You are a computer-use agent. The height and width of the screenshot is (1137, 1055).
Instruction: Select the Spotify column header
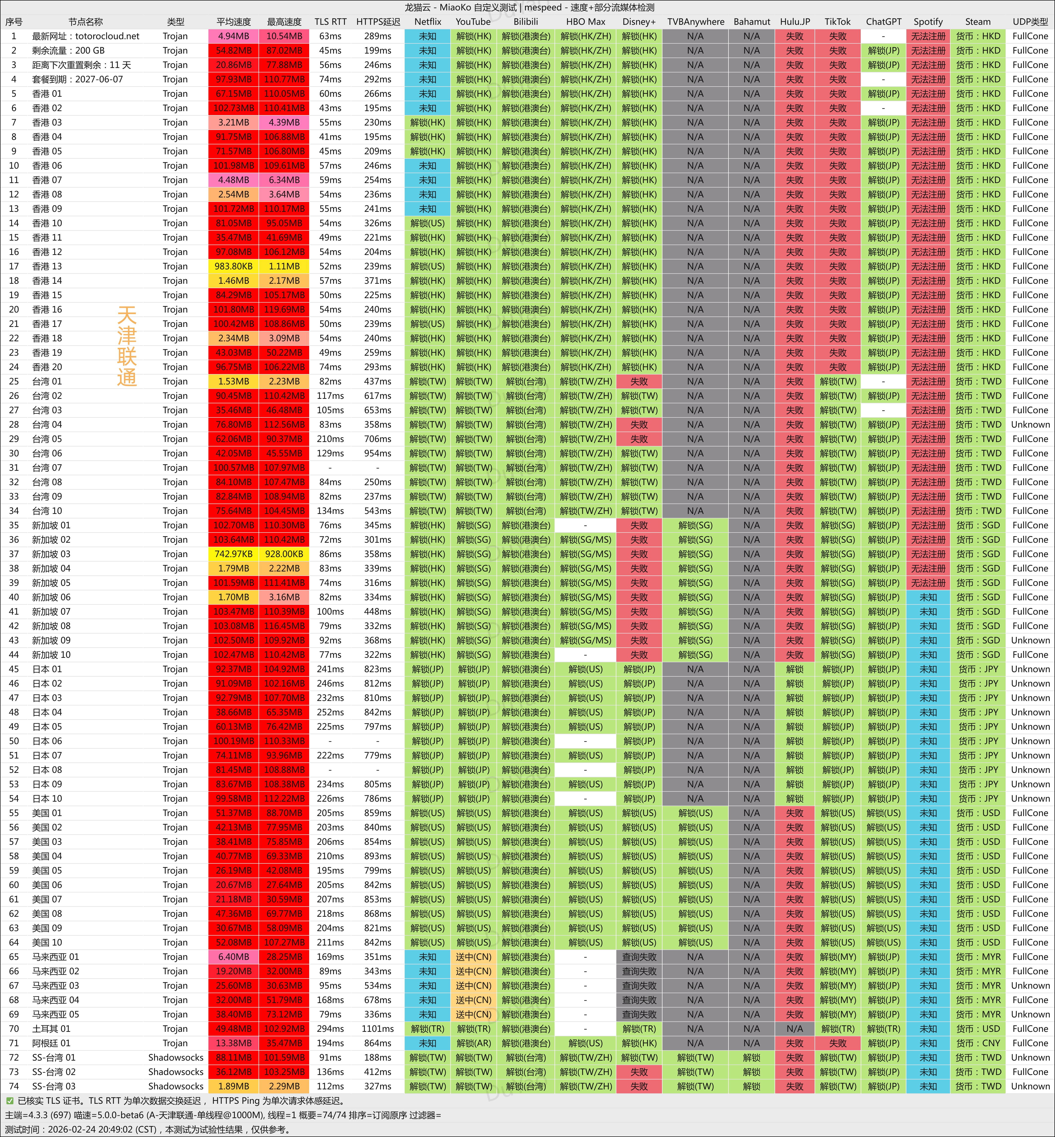point(928,22)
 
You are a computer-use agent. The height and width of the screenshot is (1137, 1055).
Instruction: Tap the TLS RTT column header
point(330,22)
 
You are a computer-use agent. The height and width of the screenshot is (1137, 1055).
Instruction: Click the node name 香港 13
point(47,266)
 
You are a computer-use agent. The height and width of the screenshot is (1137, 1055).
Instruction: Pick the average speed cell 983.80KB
point(233,266)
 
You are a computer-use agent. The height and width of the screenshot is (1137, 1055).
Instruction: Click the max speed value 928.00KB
point(284,554)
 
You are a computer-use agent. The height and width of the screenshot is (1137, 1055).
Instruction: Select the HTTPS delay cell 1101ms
point(377,1029)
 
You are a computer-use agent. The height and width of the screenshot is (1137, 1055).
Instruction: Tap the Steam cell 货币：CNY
point(978,1043)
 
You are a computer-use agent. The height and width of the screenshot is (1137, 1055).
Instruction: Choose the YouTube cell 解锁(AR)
point(473,1043)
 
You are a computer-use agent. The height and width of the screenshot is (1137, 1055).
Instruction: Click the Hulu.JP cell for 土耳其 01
point(794,1029)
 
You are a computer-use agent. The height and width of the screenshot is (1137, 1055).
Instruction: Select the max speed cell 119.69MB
point(284,309)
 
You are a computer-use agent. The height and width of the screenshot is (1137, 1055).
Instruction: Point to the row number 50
point(14,741)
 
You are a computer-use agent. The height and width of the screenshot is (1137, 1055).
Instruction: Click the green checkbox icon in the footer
point(10,1101)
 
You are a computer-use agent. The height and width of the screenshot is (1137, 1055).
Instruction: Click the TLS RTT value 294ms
point(330,1029)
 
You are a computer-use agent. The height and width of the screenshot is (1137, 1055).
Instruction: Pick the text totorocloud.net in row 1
point(107,36)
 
